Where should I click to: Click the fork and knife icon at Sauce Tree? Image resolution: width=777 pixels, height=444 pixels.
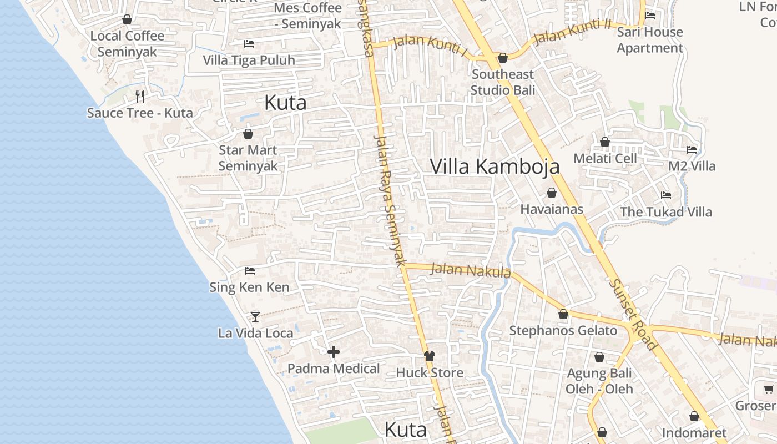click(140, 97)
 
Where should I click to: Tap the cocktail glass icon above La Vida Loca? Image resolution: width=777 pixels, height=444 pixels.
click(255, 316)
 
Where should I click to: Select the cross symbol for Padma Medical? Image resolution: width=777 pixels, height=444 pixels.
click(334, 352)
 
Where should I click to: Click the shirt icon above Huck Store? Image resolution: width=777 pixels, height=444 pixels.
click(429, 356)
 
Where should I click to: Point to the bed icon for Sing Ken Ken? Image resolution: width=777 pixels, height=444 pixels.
click(250, 271)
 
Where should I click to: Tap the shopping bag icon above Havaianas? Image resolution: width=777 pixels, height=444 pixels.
click(552, 193)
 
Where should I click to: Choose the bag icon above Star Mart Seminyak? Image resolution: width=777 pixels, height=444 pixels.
click(248, 134)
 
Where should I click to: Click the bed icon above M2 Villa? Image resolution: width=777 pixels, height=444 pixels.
click(692, 149)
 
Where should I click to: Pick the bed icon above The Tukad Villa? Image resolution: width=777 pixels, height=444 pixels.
click(666, 195)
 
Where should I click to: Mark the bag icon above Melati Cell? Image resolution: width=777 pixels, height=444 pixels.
click(605, 142)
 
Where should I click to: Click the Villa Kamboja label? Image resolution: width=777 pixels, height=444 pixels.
click(495, 167)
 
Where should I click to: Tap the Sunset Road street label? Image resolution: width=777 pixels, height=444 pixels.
click(633, 314)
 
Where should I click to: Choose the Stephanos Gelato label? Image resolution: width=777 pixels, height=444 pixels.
click(563, 331)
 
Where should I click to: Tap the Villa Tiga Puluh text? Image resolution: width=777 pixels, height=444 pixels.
click(249, 60)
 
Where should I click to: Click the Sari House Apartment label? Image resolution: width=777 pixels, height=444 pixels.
click(650, 40)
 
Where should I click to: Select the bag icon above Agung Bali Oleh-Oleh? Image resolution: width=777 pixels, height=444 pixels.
click(599, 357)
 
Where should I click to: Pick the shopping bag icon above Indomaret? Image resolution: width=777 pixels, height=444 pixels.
click(694, 416)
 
